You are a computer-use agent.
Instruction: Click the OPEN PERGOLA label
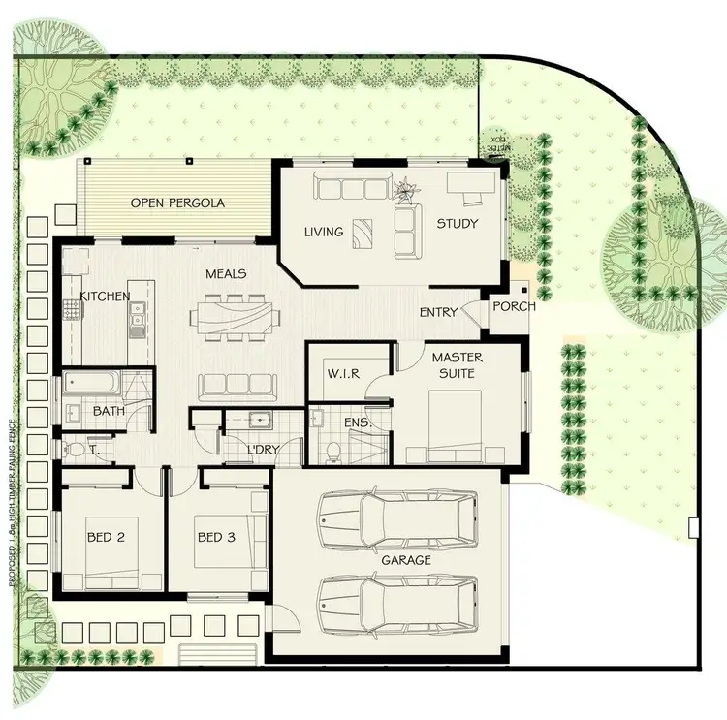(x=177, y=203)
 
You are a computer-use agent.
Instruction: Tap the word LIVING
(x=323, y=232)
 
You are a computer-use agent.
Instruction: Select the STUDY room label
(x=457, y=224)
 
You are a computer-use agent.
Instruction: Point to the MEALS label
(x=225, y=274)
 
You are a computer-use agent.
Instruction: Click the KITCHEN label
(x=105, y=296)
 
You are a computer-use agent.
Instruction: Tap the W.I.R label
(x=344, y=373)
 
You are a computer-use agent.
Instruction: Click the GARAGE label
(x=406, y=560)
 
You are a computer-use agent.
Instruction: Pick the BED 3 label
(x=216, y=536)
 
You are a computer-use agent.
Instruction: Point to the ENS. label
(x=357, y=423)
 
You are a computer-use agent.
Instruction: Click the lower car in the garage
(x=399, y=602)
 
